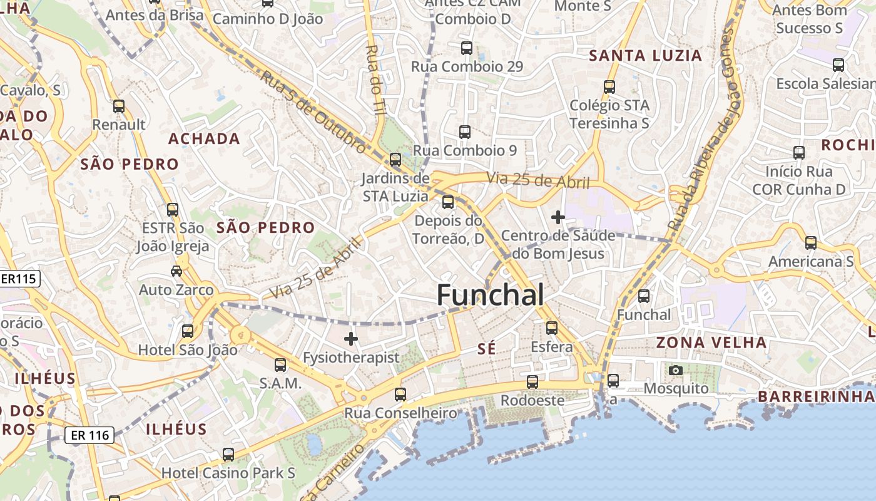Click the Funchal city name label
490,294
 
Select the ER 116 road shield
89,435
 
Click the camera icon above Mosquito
675,370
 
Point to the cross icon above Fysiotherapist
351,339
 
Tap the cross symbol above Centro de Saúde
558,217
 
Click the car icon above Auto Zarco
176,271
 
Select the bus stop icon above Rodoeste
532,381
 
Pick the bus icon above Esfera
551,328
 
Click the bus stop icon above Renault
119,106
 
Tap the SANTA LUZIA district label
646,56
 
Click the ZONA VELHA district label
711,343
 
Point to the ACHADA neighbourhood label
204,139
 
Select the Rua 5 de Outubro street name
313,111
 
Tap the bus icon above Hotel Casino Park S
228,454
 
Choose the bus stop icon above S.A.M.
280,364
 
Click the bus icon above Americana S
810,242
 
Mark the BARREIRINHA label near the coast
817,396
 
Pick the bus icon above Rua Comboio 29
466,48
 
